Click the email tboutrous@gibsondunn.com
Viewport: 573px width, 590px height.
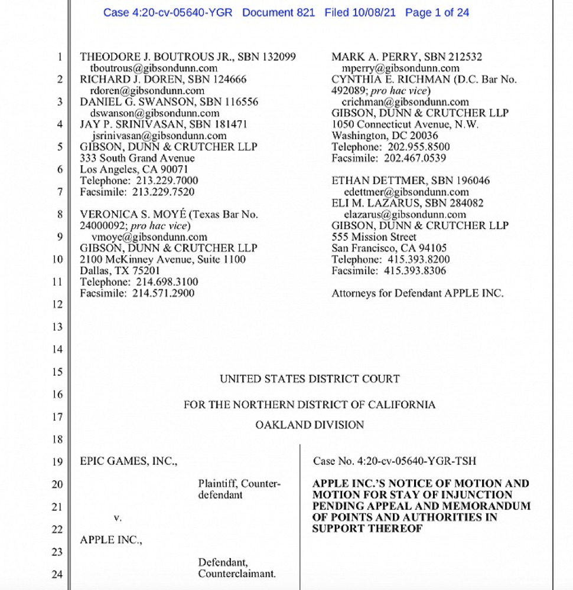(x=151, y=68)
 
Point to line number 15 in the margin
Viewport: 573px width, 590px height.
(x=57, y=372)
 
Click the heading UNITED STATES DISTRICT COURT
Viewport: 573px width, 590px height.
(x=310, y=379)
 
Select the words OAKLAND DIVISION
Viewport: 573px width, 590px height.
(x=310, y=424)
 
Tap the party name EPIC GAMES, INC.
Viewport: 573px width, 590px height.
(x=128, y=461)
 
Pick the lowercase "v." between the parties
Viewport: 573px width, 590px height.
(x=117, y=517)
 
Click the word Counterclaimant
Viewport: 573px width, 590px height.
(x=237, y=573)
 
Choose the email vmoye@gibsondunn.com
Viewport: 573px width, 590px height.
(x=146, y=237)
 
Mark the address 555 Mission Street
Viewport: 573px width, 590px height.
(x=374, y=237)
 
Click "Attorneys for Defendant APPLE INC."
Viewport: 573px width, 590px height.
(x=418, y=293)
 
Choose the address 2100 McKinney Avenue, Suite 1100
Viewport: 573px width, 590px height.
(x=162, y=260)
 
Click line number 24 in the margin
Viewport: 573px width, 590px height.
(x=57, y=573)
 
